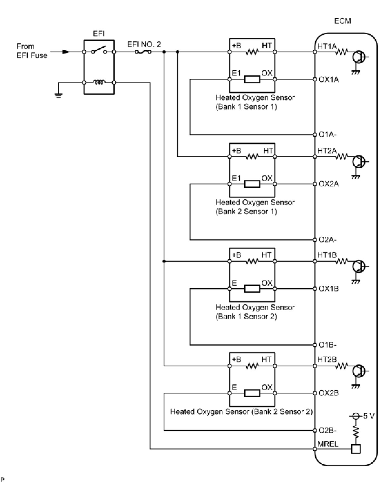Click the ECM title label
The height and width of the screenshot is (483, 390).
pyautogui.click(x=342, y=21)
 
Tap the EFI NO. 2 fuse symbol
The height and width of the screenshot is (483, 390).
pyautogui.click(x=143, y=52)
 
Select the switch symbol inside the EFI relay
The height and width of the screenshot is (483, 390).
pyautogui.click(x=99, y=50)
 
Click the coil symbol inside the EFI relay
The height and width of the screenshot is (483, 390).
pyautogui.click(x=99, y=82)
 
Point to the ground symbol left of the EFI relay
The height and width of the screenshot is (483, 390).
pyautogui.click(x=58, y=95)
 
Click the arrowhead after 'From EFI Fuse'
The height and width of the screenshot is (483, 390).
pyautogui.click(x=66, y=52)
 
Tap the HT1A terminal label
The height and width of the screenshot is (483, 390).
pyautogui.click(x=327, y=46)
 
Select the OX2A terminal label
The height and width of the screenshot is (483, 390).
pyautogui.click(x=328, y=184)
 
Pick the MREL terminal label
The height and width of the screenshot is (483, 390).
pyautogui.click(x=328, y=444)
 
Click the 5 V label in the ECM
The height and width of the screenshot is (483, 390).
pyautogui.click(x=369, y=416)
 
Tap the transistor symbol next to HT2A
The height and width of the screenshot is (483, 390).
pyautogui.click(x=358, y=162)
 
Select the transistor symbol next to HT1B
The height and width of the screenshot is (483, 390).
pyautogui.click(x=358, y=266)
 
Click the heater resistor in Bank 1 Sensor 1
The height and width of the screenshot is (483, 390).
pyautogui.click(x=252, y=52)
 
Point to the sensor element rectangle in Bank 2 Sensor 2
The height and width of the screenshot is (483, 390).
pyautogui.click(x=252, y=393)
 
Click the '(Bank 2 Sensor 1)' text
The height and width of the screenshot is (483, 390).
pyautogui.click(x=246, y=212)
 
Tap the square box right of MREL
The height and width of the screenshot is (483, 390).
pyautogui.click(x=356, y=449)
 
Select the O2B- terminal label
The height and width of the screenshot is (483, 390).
pyautogui.click(x=327, y=430)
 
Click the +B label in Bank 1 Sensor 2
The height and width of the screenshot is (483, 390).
pyautogui.click(x=236, y=255)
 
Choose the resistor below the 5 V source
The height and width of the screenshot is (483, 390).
pyautogui.click(x=356, y=432)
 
